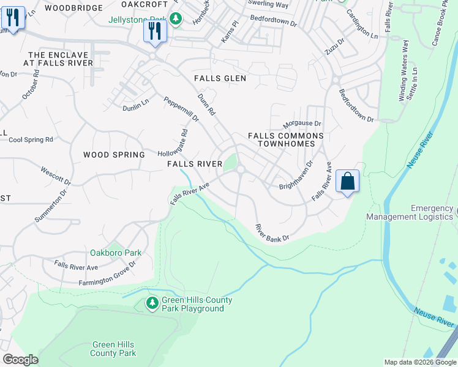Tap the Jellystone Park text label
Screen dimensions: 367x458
coord(138,20)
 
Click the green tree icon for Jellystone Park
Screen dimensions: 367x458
coord(176,19)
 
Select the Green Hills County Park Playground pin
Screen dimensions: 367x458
coord(152,303)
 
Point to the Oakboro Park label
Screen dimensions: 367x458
coord(116,253)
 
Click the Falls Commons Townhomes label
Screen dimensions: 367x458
coord(285,139)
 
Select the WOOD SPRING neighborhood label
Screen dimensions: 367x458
coord(114,155)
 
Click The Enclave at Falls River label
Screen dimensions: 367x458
coord(58,59)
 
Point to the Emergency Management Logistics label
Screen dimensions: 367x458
coord(411,213)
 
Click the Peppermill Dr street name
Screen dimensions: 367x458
coord(181,108)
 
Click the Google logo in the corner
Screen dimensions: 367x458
coord(20,359)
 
